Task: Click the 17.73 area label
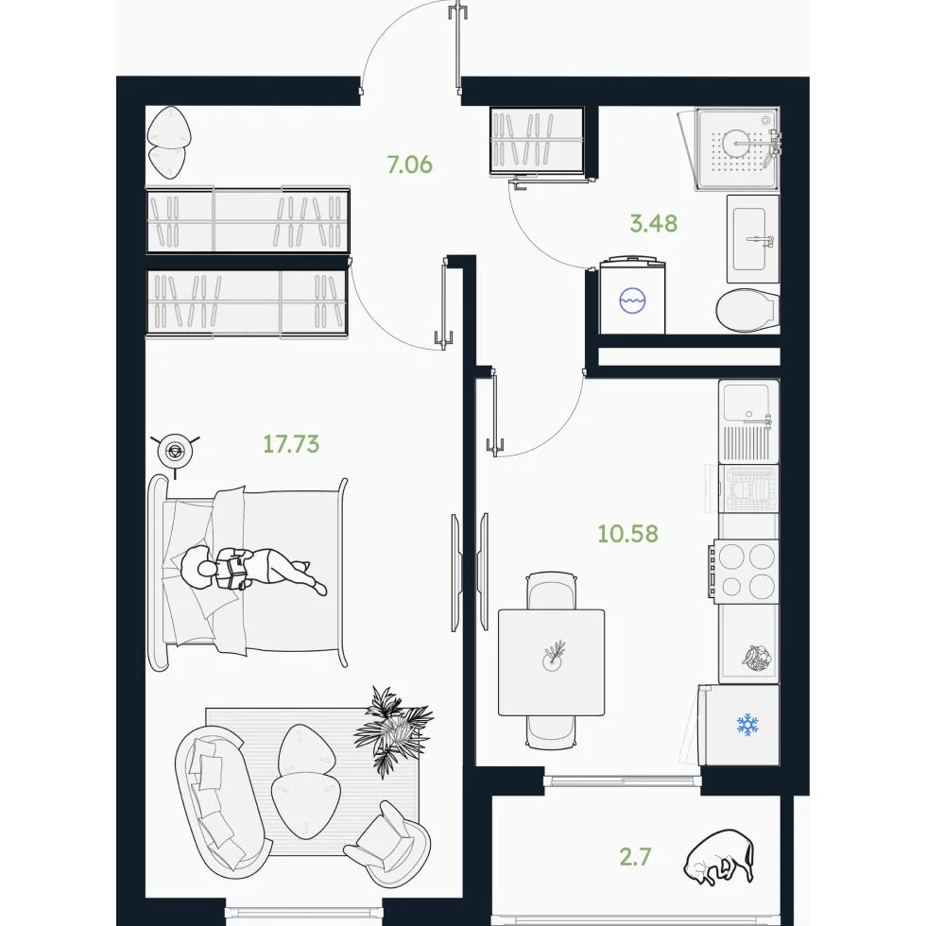tap(291, 443)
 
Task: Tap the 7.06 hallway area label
tap(409, 164)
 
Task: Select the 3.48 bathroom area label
tap(653, 223)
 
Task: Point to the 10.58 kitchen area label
tap(627, 533)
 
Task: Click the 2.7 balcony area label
tap(635, 856)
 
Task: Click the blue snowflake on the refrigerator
tap(747, 725)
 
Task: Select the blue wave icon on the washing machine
tap(632, 300)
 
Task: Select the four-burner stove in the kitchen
tap(746, 571)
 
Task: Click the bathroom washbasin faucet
tap(761, 240)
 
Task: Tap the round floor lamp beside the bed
tap(175, 453)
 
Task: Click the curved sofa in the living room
tap(221, 800)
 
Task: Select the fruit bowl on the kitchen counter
tap(757, 659)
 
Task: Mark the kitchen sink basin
tap(746, 403)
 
